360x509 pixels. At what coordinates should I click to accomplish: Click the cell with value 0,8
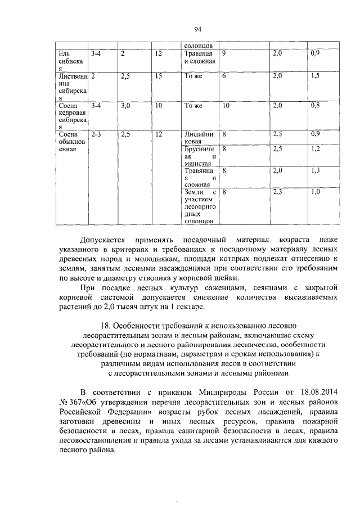(316, 105)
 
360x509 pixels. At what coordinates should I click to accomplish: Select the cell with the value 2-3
(96, 135)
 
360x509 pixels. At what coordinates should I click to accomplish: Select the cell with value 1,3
(316, 170)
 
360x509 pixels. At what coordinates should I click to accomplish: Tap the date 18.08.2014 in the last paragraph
(317, 391)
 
